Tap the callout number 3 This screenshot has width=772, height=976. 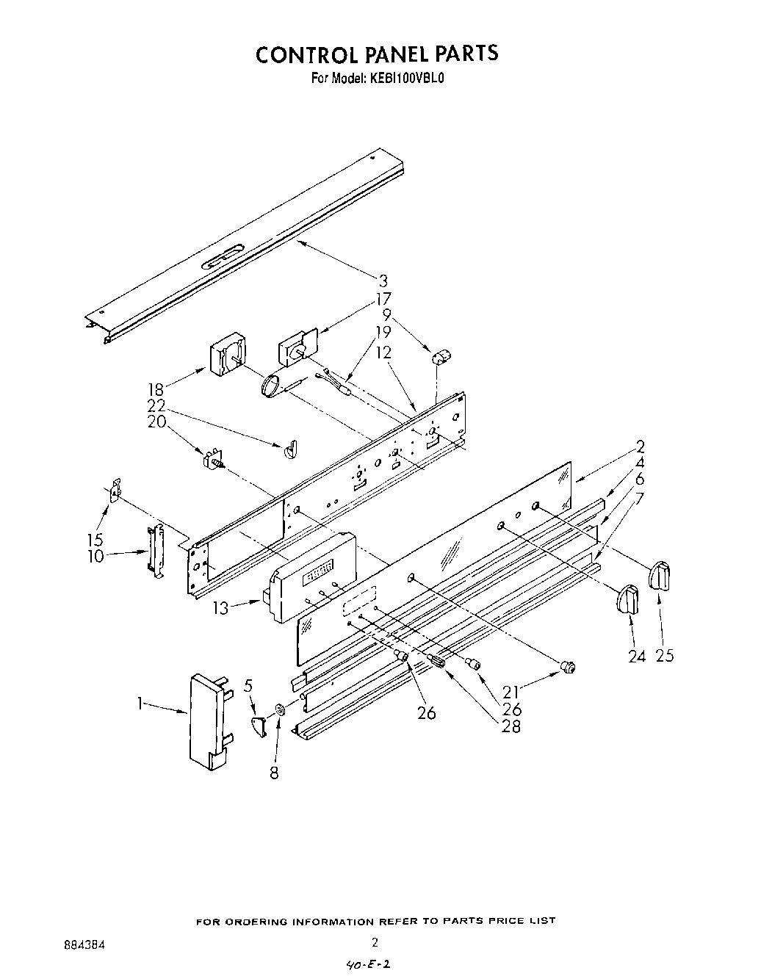tap(383, 281)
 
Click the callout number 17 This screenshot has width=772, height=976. tap(383, 299)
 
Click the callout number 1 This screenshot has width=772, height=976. tap(139, 704)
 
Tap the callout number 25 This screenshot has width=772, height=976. tap(665, 656)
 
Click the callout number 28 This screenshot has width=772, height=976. tap(511, 727)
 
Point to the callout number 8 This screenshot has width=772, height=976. tap(274, 773)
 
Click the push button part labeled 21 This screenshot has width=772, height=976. tap(567, 666)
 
